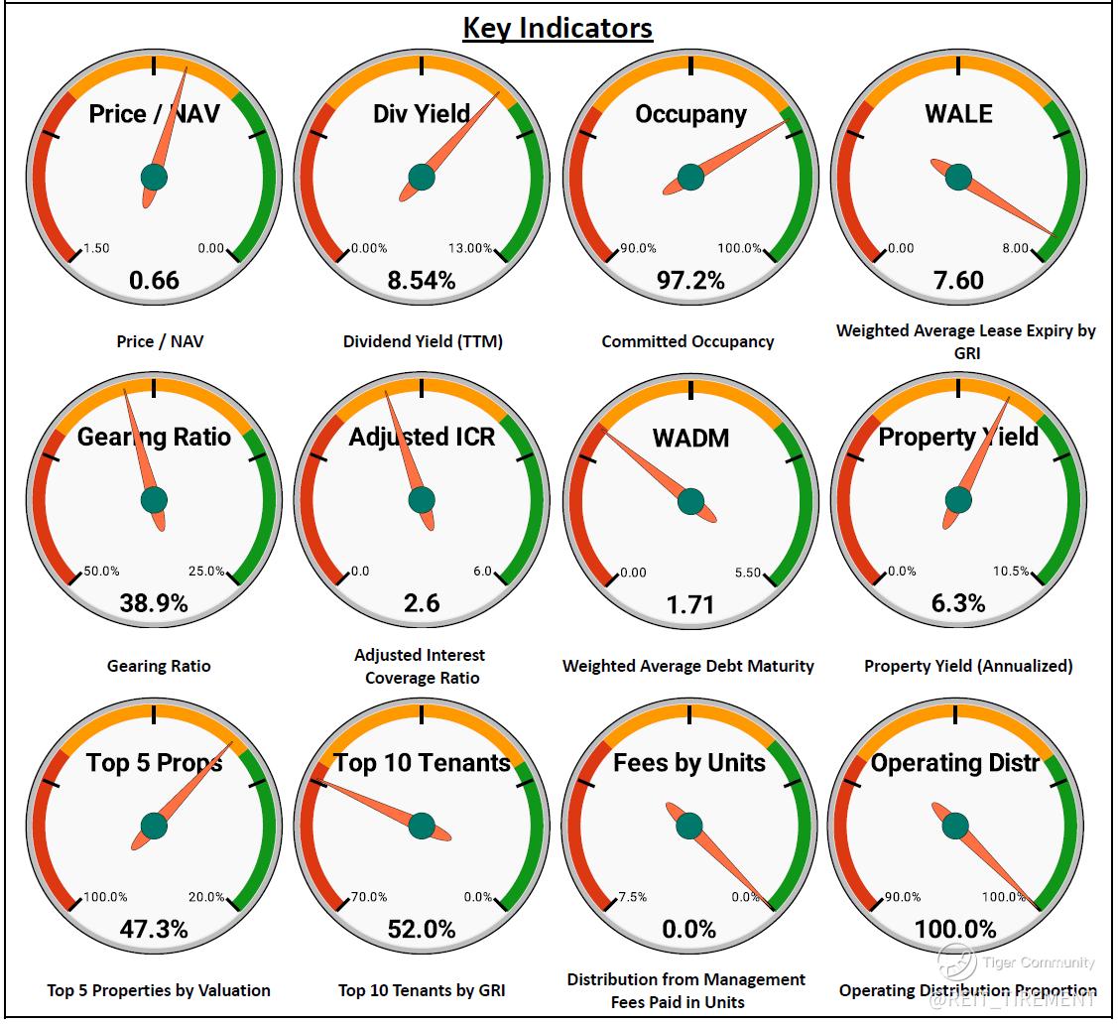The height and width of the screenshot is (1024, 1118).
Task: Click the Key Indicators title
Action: (x=558, y=27)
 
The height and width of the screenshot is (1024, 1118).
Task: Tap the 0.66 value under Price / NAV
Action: (x=155, y=280)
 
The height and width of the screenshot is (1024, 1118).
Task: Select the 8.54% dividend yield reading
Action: (x=422, y=280)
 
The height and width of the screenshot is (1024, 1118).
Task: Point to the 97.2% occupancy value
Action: (x=690, y=280)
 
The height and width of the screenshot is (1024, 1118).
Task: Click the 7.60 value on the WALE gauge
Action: (x=958, y=280)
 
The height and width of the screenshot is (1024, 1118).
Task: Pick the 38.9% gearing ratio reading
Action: (x=155, y=603)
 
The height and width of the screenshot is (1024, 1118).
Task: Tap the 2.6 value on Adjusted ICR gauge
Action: (x=422, y=603)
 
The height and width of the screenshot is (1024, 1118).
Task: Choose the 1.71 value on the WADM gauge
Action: (x=690, y=603)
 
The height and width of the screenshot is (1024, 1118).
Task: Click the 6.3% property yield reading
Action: (x=958, y=603)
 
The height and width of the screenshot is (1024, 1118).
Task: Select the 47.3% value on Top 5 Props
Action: (x=155, y=929)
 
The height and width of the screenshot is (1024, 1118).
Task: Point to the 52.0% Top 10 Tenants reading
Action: (x=422, y=929)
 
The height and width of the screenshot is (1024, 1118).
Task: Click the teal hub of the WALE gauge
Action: (x=958, y=178)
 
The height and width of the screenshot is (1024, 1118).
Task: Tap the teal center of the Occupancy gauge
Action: (x=690, y=178)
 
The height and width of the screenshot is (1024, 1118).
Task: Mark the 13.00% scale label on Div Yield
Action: (x=470, y=248)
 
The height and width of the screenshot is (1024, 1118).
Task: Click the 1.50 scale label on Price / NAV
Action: (x=96, y=248)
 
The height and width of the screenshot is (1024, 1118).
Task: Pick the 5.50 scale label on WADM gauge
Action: (x=747, y=573)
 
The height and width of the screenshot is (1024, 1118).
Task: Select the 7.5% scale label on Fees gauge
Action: (x=632, y=897)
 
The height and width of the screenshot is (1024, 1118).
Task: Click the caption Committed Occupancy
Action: (x=687, y=341)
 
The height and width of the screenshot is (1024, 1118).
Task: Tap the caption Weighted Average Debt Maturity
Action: (x=687, y=666)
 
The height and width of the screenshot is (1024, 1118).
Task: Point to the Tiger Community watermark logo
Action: (x=957, y=961)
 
